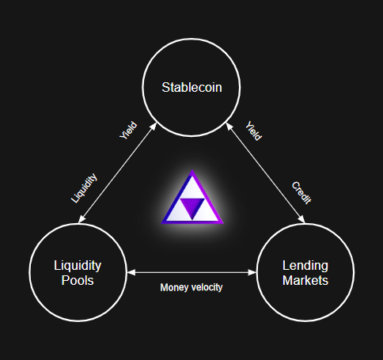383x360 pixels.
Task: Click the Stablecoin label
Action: point(191,87)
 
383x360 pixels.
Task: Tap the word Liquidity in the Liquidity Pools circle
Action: point(78,266)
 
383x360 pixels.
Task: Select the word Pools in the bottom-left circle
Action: point(78,280)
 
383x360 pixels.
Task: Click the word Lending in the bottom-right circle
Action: point(305,266)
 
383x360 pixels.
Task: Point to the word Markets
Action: point(305,280)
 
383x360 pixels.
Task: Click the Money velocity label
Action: point(191,287)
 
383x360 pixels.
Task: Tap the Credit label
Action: point(301,193)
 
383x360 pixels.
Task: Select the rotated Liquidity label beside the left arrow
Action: point(84,188)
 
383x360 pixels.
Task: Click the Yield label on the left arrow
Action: point(128,131)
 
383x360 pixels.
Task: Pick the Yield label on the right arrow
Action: point(254,131)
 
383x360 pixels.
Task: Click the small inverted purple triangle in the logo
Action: point(192,208)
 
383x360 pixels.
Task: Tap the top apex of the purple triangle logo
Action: point(192,170)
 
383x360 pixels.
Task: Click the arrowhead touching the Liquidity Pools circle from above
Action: point(82,219)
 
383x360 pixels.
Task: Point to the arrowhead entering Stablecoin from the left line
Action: point(154,127)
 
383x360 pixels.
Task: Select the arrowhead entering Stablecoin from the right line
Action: point(229,127)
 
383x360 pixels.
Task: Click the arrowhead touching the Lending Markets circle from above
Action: point(301,219)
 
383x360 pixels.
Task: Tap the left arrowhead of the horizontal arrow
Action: point(131,272)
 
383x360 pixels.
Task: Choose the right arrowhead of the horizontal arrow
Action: point(252,272)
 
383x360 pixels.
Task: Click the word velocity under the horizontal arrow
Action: point(207,287)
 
